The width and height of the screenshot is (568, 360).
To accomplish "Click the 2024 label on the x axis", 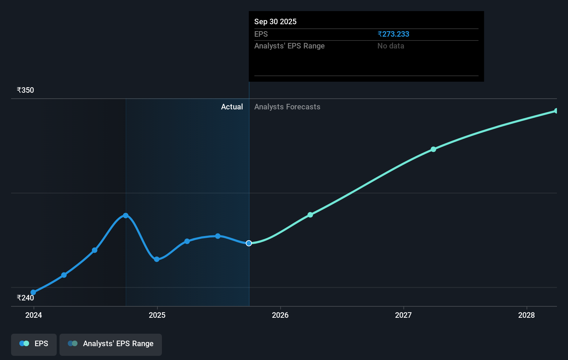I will click(x=34, y=315).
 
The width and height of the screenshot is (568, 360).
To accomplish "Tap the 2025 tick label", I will click(x=157, y=315).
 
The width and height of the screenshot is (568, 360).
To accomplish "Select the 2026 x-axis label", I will click(x=280, y=315).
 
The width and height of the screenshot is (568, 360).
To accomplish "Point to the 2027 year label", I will click(x=403, y=315).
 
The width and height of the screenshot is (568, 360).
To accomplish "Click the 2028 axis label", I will click(x=526, y=315).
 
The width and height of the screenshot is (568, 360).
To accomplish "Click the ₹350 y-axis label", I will click(x=25, y=90).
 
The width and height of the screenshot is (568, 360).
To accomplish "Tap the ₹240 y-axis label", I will click(x=25, y=298).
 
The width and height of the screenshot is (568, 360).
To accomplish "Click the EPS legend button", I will click(x=34, y=344).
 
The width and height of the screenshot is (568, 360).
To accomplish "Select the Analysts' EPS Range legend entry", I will click(x=111, y=344).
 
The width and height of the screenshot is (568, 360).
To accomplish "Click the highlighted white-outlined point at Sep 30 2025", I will click(x=249, y=243).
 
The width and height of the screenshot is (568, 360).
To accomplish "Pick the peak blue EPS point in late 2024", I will click(x=126, y=216).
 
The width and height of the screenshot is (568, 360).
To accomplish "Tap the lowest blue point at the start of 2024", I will click(x=33, y=292).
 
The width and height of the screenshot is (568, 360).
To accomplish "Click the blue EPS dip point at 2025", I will click(x=157, y=259).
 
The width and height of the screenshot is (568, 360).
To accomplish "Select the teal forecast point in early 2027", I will click(x=433, y=149).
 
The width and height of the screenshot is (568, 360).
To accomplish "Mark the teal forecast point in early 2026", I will click(x=310, y=215).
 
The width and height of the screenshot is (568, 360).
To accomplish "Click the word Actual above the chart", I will click(x=232, y=107).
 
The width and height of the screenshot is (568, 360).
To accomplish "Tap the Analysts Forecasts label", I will click(x=287, y=107).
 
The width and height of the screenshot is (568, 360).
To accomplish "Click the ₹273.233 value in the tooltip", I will click(x=393, y=34).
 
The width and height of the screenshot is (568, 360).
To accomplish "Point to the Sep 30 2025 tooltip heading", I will click(x=275, y=21).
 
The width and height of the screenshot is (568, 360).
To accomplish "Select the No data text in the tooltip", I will click(x=391, y=46).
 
